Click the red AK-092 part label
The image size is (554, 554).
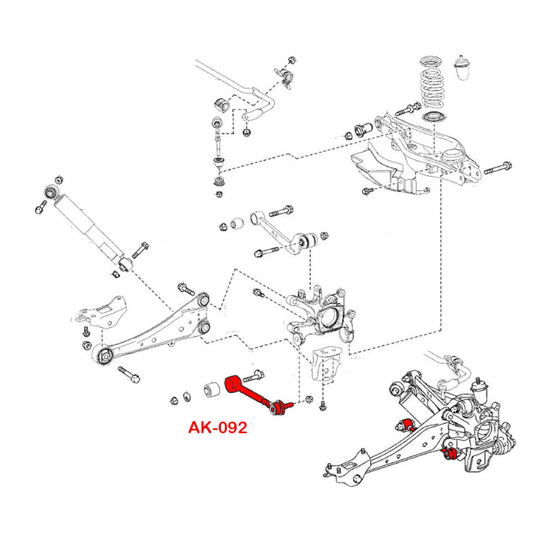click(217, 428)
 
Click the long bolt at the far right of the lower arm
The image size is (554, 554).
click(497, 169)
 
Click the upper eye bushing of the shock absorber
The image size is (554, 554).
click(50, 192)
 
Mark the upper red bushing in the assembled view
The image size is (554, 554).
click(409, 424)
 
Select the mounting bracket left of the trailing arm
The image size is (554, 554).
click(100, 312)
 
